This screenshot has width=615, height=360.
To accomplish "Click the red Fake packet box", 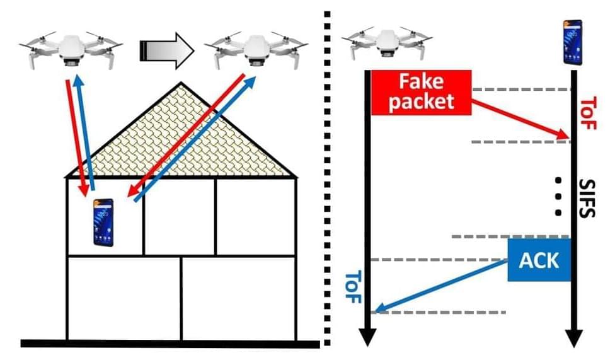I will click(x=421, y=92).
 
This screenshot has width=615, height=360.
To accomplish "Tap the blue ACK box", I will click(x=539, y=260).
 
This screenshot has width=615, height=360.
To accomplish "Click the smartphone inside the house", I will click(x=104, y=223).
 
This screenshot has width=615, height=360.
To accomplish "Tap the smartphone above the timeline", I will click(x=572, y=42).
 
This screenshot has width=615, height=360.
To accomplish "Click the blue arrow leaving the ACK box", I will click(x=441, y=286).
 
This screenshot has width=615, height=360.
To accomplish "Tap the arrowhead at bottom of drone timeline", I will click(x=369, y=337).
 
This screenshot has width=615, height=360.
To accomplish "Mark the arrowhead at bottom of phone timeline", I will click(x=573, y=338).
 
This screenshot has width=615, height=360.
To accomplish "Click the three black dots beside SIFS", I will click(x=558, y=196).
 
